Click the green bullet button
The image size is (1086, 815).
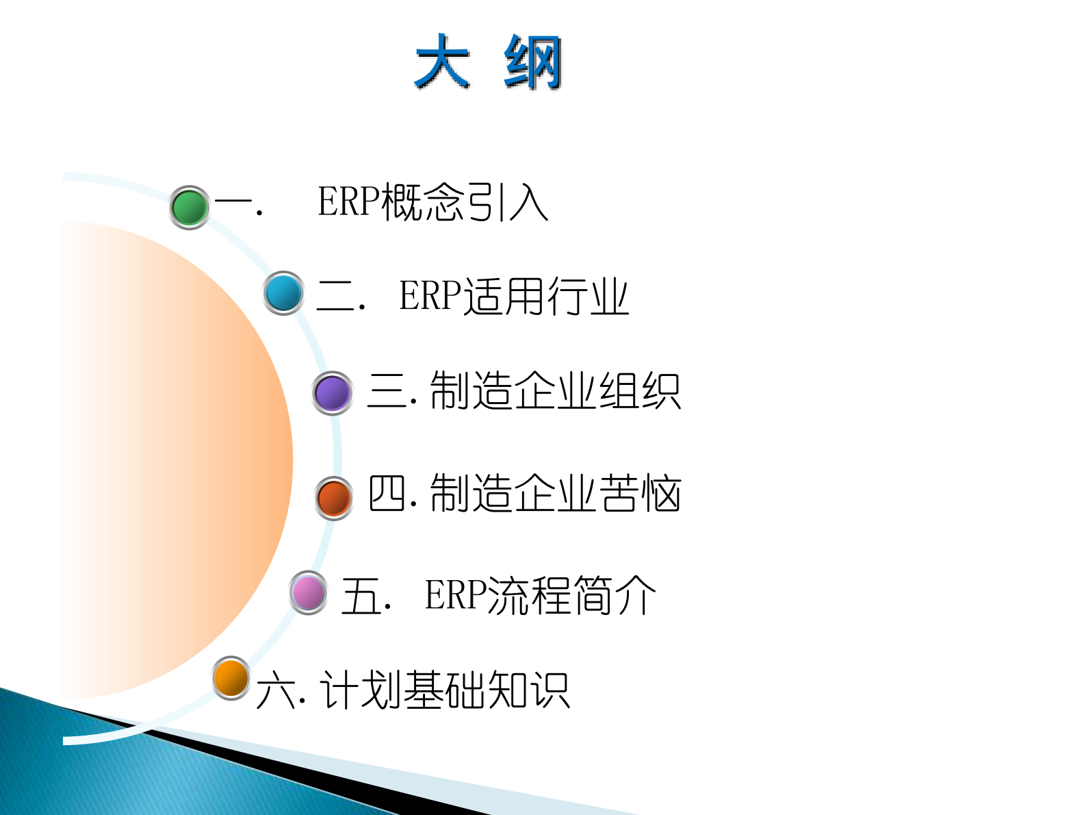point(190,207)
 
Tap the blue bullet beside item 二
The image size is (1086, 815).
point(283,293)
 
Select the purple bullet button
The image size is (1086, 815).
point(333,393)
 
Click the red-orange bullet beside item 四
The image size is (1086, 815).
point(334,498)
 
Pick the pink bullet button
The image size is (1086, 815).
point(309,592)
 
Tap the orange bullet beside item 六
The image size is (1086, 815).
point(231,678)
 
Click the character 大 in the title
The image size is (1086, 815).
point(442,62)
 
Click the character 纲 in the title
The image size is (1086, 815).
point(533,62)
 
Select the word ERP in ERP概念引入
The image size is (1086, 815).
point(348,202)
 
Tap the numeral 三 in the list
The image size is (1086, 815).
point(387,392)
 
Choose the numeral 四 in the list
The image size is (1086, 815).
point(387,493)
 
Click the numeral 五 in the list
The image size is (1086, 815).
point(361,595)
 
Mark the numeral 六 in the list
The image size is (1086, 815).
point(276,690)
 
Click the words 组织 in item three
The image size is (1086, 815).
point(640,392)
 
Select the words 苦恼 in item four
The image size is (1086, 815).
point(640,493)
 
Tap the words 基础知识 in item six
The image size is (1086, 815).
point(486,690)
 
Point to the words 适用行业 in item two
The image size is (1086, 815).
point(545,296)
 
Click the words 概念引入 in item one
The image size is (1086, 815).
point(465,202)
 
